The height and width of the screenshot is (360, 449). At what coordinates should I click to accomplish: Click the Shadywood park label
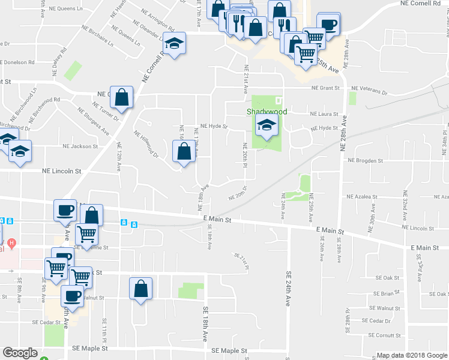pos(267,112)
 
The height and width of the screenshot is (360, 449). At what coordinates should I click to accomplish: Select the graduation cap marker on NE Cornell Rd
pos(174,44)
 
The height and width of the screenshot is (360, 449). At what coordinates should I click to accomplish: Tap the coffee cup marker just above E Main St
pos(65,211)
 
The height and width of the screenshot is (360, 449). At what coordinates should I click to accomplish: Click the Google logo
pos(20,353)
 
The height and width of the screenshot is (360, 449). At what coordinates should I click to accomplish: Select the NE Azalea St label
pos(361,196)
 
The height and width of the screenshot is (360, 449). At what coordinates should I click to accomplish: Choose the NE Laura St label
pos(324,114)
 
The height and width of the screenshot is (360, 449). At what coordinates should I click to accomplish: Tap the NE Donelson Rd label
pos(22,62)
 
